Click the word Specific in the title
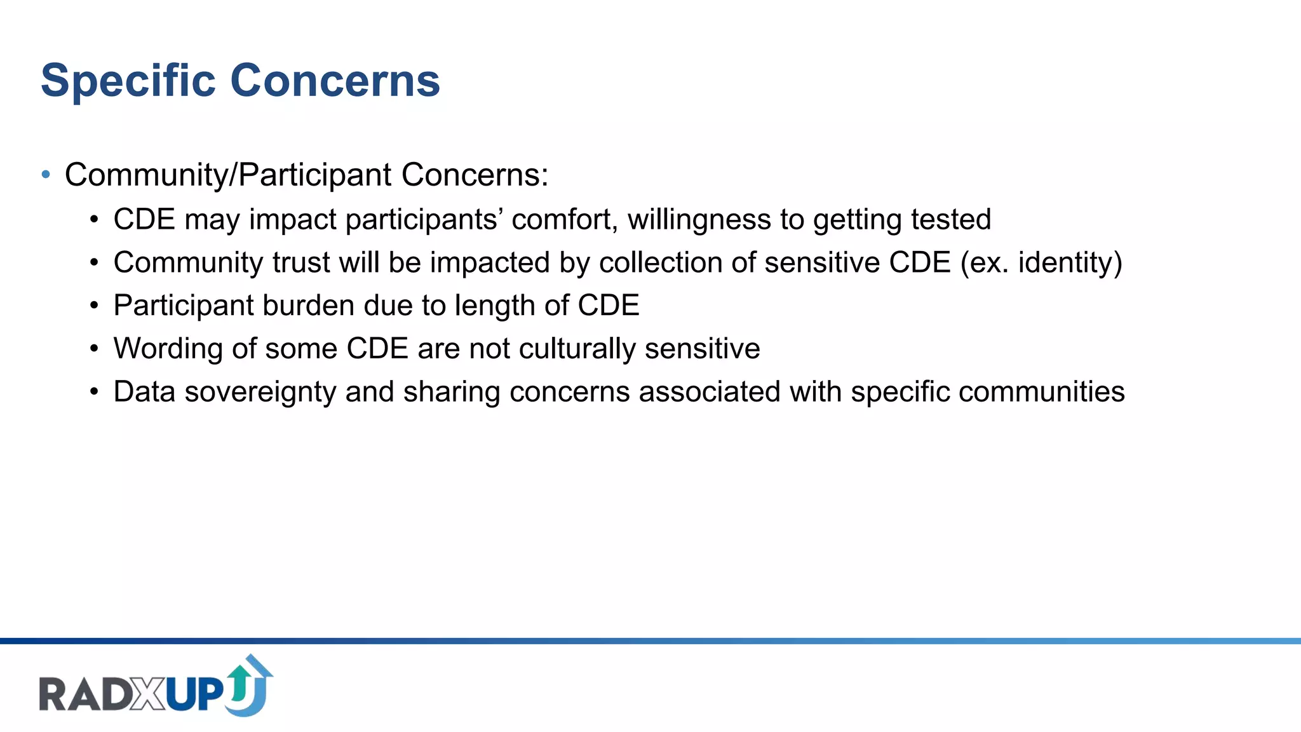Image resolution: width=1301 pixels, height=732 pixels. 128,81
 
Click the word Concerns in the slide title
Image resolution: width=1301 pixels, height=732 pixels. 335,81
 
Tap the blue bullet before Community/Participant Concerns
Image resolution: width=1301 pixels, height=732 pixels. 46,174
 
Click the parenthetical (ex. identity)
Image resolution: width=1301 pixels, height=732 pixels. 1041,262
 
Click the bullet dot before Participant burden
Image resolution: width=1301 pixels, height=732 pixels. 94,306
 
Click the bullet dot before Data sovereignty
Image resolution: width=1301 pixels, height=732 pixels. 94,393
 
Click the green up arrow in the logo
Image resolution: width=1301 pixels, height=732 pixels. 240,681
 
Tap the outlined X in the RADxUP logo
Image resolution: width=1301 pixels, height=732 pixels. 149,694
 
